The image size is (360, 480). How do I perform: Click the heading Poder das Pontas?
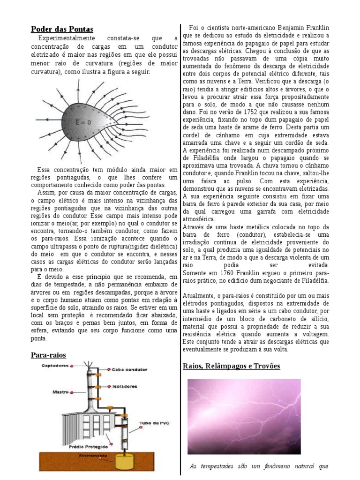click(62, 29)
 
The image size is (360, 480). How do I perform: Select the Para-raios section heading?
click(49, 355)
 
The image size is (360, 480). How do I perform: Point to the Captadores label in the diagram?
click(55, 365)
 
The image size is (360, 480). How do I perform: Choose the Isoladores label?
click(124, 387)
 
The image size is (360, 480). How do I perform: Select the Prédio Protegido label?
click(85, 446)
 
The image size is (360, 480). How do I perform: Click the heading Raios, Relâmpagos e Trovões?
click(231, 366)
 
